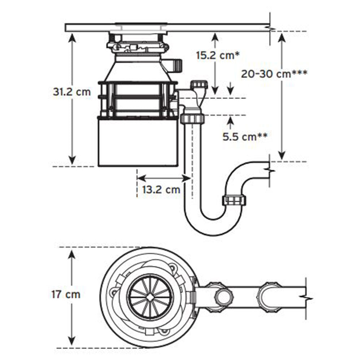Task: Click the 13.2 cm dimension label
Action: tap(161, 190)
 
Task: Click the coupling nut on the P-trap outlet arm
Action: tap(235, 200)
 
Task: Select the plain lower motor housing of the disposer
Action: tap(138, 142)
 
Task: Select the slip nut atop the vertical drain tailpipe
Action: tap(193, 118)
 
